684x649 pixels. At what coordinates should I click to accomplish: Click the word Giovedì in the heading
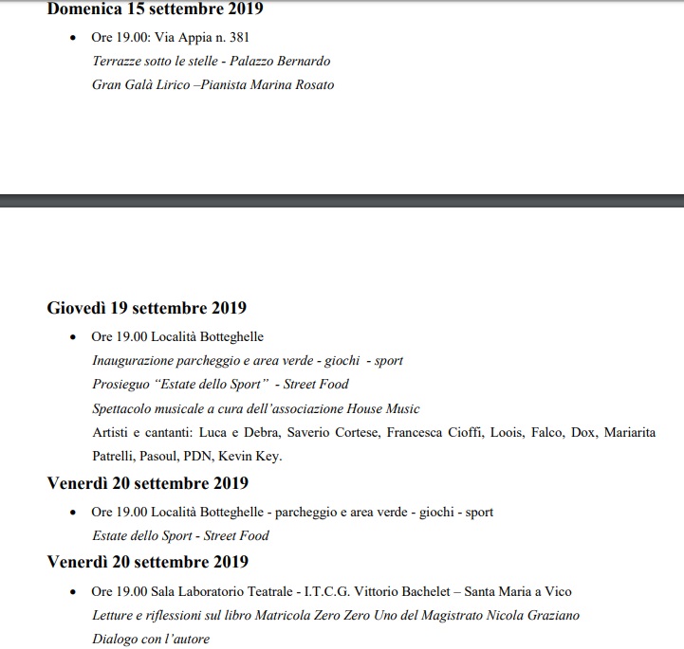tap(77, 308)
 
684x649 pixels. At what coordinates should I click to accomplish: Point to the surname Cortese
tap(357, 432)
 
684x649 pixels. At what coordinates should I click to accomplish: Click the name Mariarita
tap(628, 432)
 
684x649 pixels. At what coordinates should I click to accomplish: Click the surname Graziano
tap(551, 615)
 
